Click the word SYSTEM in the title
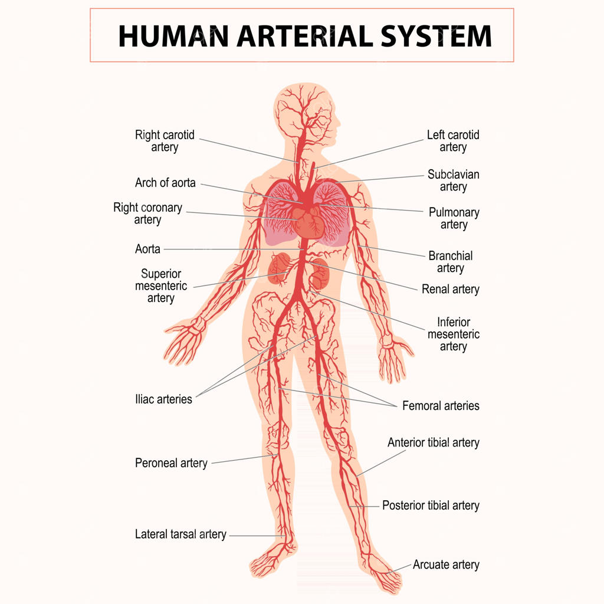click(x=436, y=36)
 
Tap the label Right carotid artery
click(x=165, y=141)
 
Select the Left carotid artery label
click(x=453, y=141)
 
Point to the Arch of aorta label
click(x=165, y=183)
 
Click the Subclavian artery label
click(x=454, y=180)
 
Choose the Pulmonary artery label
click(x=454, y=218)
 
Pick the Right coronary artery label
click(x=147, y=214)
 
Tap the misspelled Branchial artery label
click(x=450, y=261)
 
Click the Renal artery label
click(x=450, y=289)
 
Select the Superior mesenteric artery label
click(x=161, y=286)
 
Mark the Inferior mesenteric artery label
click(x=454, y=334)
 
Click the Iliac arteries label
click(x=163, y=399)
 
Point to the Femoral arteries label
click(x=441, y=406)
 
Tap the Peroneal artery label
click(x=171, y=462)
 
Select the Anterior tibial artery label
click(x=434, y=442)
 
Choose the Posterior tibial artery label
click(x=431, y=505)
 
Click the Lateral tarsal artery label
click(x=180, y=534)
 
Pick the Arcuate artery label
click(x=446, y=564)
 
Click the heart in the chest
click(x=308, y=222)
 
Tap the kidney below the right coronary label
click(x=280, y=268)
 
